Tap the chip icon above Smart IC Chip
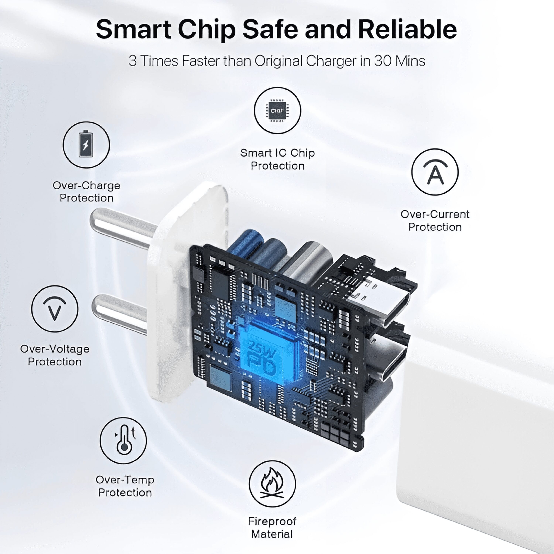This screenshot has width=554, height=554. click(x=277, y=110)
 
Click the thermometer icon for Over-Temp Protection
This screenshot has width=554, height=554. click(x=123, y=440)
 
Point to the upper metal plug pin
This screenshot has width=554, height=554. click(x=123, y=228)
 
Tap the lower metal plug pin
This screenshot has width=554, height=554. click(x=120, y=314)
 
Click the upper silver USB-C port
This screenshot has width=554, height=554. click(x=379, y=304)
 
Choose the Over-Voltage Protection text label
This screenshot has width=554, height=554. click(x=54, y=355)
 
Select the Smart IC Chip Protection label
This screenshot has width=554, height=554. click(x=277, y=159)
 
